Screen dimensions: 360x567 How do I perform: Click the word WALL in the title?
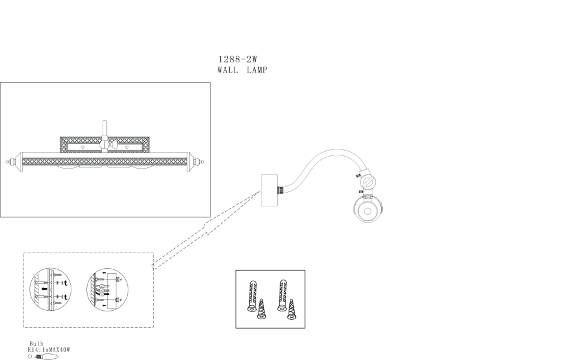[x=228, y=70]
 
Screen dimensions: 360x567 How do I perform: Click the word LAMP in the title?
[x=256, y=70]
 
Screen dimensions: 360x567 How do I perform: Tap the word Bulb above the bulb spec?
[x=37, y=343]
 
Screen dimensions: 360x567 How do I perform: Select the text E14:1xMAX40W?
[x=49, y=349]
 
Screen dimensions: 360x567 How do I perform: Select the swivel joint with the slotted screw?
[x=367, y=181]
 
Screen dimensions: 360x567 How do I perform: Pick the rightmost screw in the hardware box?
[x=292, y=309]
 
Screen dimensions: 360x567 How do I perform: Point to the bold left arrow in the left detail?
[x=46, y=287]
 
